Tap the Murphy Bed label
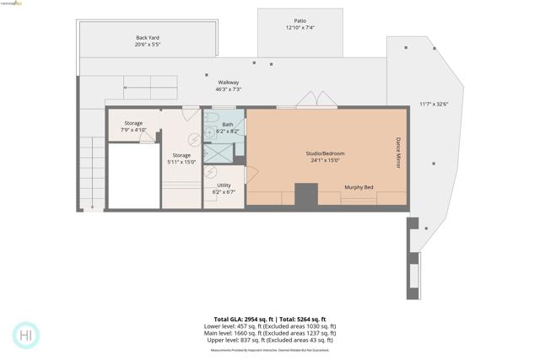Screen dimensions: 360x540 click(359, 187)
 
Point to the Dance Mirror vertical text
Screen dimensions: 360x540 click(398, 153)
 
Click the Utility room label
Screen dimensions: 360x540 click(224, 188)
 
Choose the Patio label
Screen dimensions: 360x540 click(300, 24)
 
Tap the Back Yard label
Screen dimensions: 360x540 click(148, 40)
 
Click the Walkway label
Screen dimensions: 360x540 click(229, 85)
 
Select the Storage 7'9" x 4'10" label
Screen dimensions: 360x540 click(133, 126)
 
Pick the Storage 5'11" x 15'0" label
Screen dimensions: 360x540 click(181, 159)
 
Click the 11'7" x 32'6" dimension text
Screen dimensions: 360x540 click(434, 105)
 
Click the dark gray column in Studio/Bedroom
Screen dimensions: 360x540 click(305, 196)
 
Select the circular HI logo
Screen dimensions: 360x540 click(26, 335)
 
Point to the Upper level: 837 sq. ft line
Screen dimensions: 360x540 click(270, 340)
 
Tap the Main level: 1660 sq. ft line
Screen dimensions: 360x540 click(270, 333)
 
